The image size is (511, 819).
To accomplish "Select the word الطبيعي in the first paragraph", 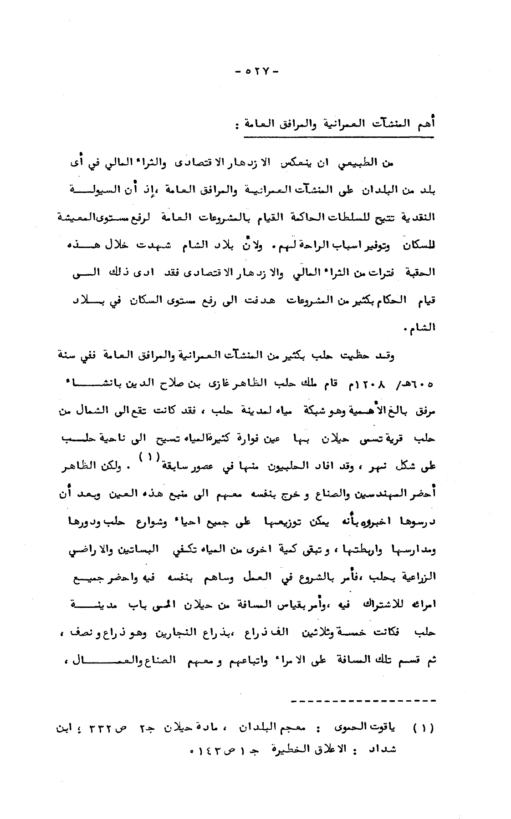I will coord(351,164).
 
